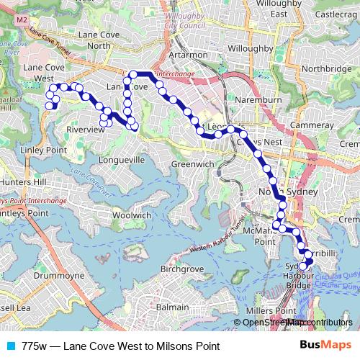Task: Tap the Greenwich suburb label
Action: coord(193,164)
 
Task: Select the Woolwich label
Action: coord(132,215)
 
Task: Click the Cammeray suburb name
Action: coord(312,125)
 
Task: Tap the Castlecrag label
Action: coord(331,14)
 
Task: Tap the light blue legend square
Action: coord(9,346)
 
